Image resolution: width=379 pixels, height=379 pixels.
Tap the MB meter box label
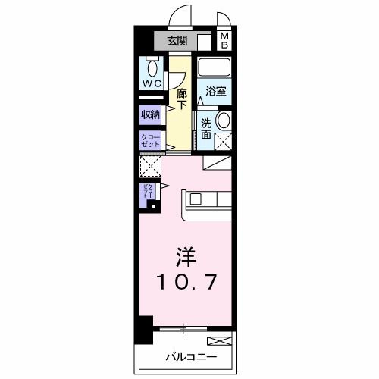[225, 41]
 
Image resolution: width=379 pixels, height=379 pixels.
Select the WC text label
[151, 84]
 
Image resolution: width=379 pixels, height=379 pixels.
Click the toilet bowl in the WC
[152, 66]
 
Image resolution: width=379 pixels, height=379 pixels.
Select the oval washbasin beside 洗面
[224, 121]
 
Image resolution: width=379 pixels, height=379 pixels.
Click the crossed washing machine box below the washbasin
[224, 140]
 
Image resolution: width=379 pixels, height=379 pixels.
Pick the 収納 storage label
[150, 114]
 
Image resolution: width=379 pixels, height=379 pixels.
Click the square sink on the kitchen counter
[196, 200]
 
